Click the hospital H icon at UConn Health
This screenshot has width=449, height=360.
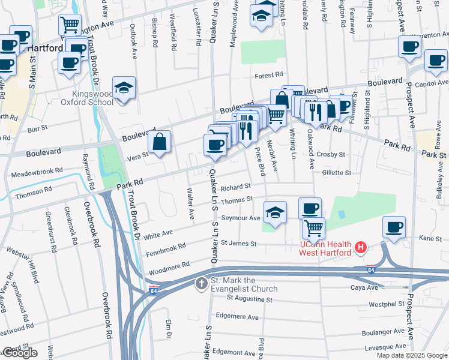click(x=361, y=247)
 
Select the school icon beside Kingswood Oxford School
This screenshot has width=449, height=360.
click(x=124, y=88)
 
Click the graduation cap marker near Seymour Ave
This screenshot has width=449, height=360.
click(x=275, y=212)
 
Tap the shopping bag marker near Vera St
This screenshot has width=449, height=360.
click(x=160, y=143)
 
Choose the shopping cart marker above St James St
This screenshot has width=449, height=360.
click(x=313, y=228)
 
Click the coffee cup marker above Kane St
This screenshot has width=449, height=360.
click(x=394, y=227)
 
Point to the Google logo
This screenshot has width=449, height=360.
click(x=19, y=353)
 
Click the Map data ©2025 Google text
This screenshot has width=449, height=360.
click(x=412, y=355)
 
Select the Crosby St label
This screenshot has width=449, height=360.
click(x=331, y=154)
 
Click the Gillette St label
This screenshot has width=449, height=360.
click(x=336, y=173)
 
